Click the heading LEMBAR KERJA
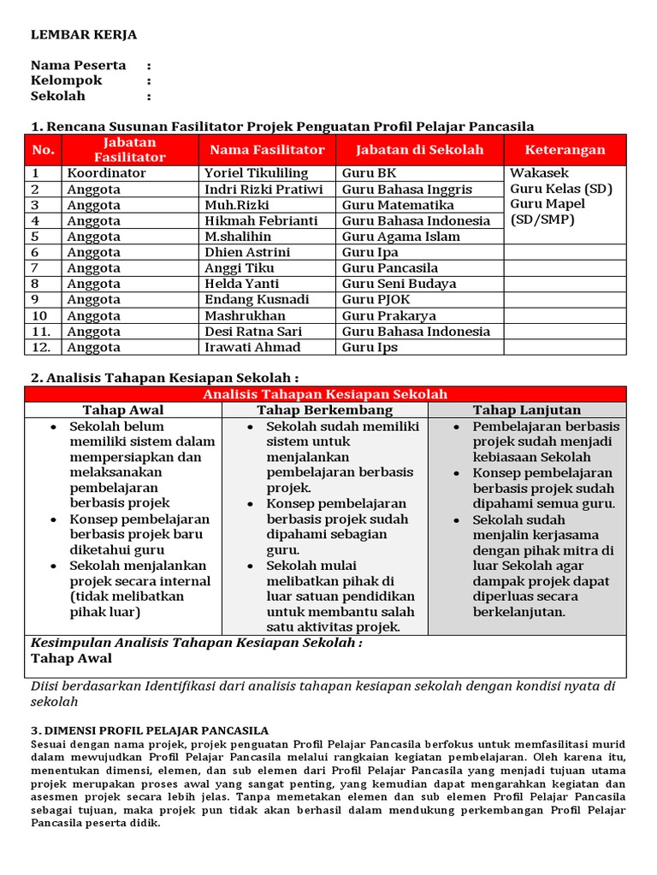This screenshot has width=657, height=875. pyautogui.click(x=84, y=35)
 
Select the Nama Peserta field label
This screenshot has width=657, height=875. pyautogui.click(x=79, y=65)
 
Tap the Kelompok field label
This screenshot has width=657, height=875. pyautogui.click(x=67, y=80)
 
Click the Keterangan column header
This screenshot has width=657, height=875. pyautogui.click(x=565, y=150)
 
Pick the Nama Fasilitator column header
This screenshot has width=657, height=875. pyautogui.click(x=267, y=150)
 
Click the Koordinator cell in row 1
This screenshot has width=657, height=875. pyautogui.click(x=107, y=173)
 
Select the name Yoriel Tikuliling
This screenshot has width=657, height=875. pyautogui.click(x=256, y=173)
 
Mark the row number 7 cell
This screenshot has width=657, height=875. pyautogui.click(x=36, y=268)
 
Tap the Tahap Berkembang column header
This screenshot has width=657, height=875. pyautogui.click(x=324, y=410)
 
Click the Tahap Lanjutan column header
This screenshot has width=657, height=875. pyautogui.click(x=526, y=410)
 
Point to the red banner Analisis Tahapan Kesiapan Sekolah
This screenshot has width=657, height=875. pyautogui.click(x=324, y=394)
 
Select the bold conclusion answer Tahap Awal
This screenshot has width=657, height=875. pyautogui.click(x=71, y=659)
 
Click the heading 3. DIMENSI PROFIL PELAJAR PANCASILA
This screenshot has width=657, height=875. pyautogui.click(x=150, y=731)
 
